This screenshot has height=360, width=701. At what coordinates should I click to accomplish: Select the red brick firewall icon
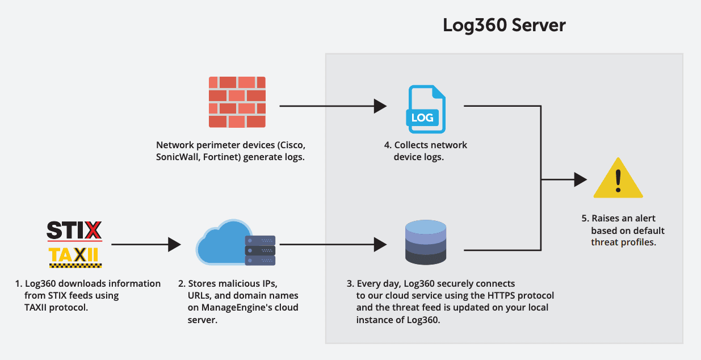pos(237,102)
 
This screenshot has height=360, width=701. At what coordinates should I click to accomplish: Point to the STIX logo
pos(74,231)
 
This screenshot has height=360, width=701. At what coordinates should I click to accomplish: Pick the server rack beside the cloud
pos(260,250)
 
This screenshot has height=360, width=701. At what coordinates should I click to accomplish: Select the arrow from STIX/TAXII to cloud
pos(145,245)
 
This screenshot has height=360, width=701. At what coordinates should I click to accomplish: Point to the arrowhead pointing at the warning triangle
pos(580,179)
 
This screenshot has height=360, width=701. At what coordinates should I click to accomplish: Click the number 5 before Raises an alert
pos(584,219)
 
